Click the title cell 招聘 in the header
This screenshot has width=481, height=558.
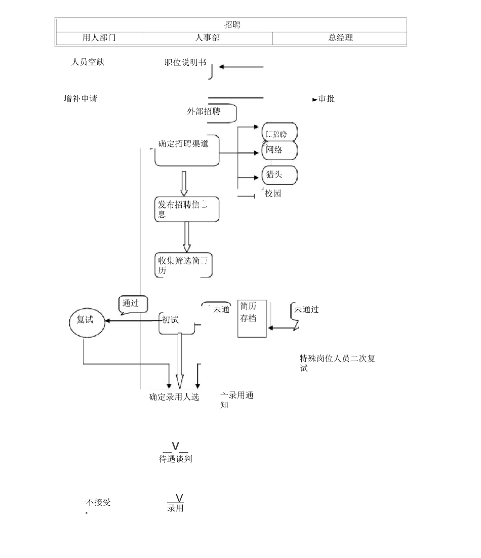pyautogui.click(x=232, y=25)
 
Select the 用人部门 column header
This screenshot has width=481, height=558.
pyautogui.click(x=99, y=38)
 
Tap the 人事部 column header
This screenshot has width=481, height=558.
pyautogui.click(x=207, y=38)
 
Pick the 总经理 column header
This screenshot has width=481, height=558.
pyautogui.click(x=340, y=38)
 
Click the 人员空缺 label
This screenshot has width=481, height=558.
pyautogui.click(x=88, y=62)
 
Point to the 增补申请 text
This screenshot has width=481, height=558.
pyautogui.click(x=81, y=99)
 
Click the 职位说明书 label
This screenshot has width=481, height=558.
pyautogui.click(x=185, y=62)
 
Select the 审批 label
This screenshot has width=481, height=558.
pyautogui.click(x=326, y=99)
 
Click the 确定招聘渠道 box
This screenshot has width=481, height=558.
pyautogui.click(x=187, y=150)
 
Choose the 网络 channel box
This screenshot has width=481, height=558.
pyautogui.click(x=279, y=150)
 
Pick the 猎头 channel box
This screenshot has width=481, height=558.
pyautogui.click(x=279, y=175)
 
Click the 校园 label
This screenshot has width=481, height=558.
pyautogui.click(x=273, y=193)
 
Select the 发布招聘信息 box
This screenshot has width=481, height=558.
pyautogui.click(x=187, y=209)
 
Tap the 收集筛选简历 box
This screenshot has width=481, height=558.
pyautogui.click(x=183, y=265)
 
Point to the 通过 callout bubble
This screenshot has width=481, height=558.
pyautogui.click(x=133, y=304)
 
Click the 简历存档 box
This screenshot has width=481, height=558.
pyautogui.click(x=252, y=318)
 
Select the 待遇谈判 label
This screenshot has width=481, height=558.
pyautogui.click(x=176, y=459)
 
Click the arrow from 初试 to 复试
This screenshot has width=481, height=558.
pyautogui.click(x=132, y=320)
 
